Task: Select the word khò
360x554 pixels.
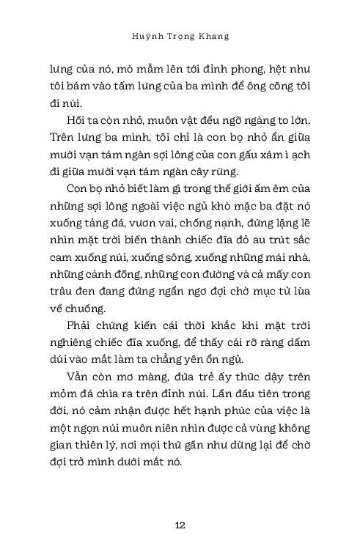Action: pyautogui.click(x=227, y=209)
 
